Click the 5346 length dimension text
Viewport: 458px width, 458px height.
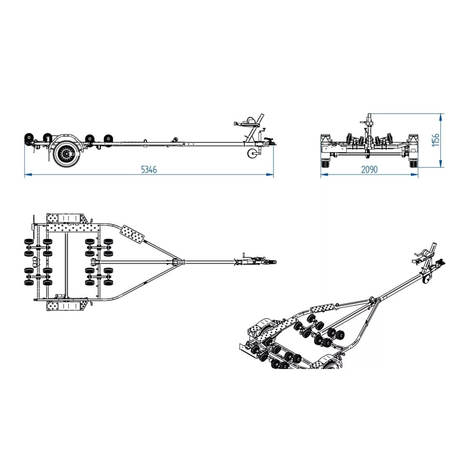(149, 169)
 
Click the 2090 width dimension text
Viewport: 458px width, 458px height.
(369, 169)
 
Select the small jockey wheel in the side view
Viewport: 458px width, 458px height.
(252, 153)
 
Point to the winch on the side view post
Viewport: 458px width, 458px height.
(251, 121)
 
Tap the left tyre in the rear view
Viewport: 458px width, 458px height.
(325, 163)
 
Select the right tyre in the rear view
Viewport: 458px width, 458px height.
(413, 163)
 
